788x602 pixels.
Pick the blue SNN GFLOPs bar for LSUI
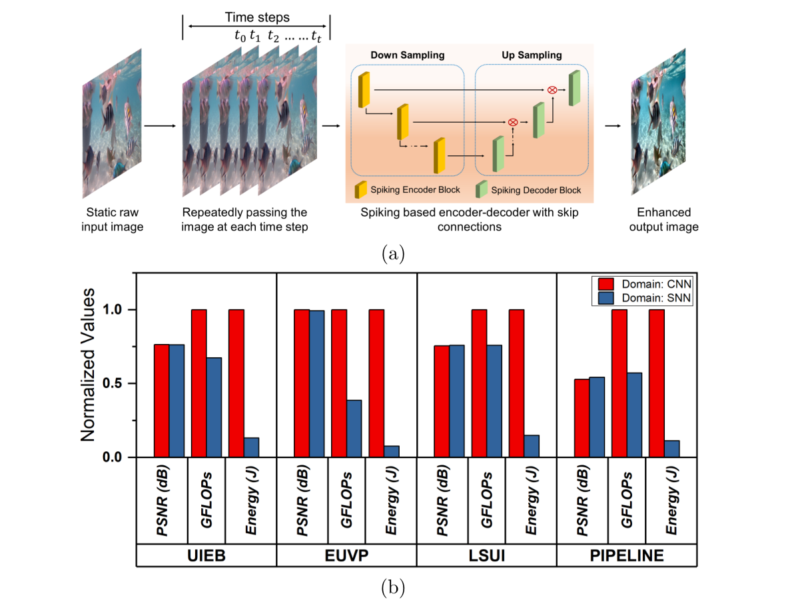[495, 401]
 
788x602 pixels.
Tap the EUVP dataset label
[346, 556]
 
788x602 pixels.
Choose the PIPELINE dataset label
[626, 556]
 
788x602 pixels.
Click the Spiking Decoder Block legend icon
[480, 190]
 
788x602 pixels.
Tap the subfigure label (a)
[394, 253]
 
